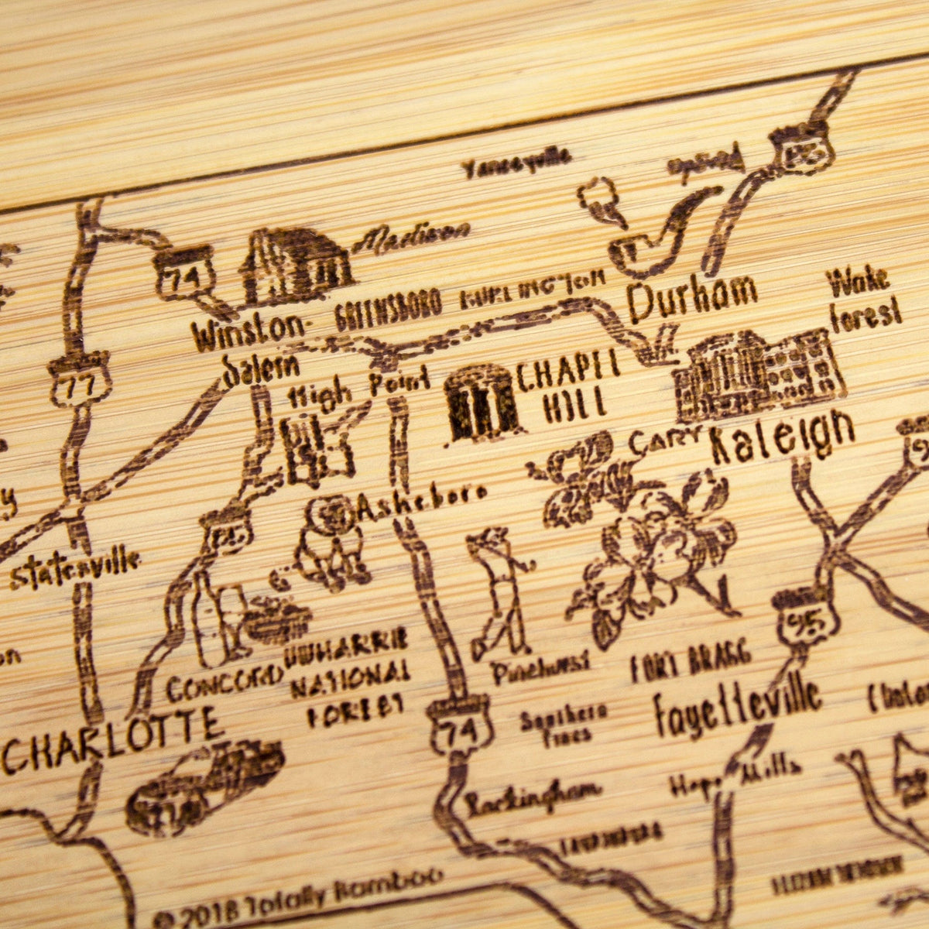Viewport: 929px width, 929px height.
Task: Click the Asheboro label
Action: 422,502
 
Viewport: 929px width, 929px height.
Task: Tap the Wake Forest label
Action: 864,298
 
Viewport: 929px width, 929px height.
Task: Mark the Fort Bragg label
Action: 691,663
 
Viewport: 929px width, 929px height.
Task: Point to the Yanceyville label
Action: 516,164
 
